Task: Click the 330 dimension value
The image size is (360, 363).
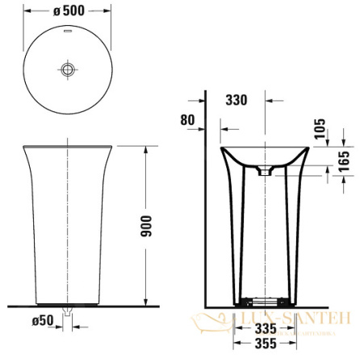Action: click(x=237, y=100)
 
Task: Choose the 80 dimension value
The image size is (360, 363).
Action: click(x=187, y=119)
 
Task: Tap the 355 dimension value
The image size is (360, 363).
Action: click(x=259, y=345)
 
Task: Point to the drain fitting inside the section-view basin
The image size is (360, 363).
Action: click(x=265, y=170)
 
